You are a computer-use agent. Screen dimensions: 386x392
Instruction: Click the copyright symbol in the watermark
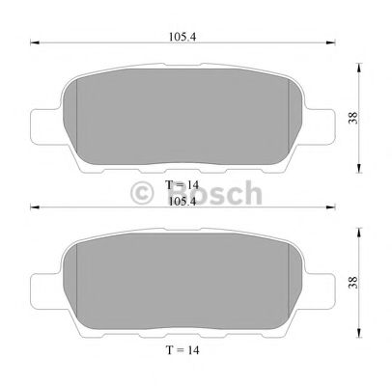pyautogui.click(x=143, y=194)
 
